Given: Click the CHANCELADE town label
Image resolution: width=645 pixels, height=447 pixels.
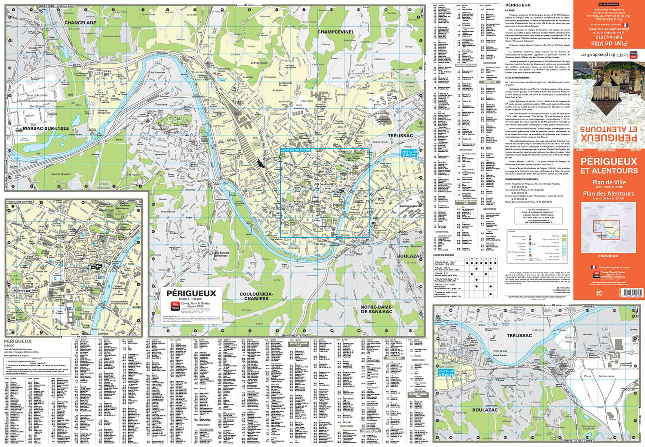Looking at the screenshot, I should click(x=80, y=23).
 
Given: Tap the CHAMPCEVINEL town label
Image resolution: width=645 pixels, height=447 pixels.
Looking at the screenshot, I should click(x=336, y=32).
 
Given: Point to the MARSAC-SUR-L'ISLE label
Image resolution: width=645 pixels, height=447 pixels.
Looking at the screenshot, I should click(x=46, y=129).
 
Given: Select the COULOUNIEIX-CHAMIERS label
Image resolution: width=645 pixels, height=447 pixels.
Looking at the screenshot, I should click(x=256, y=296).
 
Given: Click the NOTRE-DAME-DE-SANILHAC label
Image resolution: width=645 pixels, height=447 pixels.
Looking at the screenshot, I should click(x=376, y=309).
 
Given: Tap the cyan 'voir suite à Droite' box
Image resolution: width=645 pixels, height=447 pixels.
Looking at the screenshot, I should click(x=409, y=153).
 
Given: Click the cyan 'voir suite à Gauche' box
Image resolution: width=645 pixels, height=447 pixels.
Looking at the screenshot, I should click(x=446, y=373).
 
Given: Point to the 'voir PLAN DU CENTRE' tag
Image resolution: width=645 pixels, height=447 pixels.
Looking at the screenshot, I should click(x=295, y=150).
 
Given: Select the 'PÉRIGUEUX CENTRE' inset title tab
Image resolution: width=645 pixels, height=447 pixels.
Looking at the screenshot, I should click(x=20, y=201).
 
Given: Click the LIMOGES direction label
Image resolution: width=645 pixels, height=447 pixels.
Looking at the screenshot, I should click(x=588, y=306).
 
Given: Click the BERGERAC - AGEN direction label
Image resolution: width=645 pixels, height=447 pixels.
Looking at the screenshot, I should click(x=295, y=336).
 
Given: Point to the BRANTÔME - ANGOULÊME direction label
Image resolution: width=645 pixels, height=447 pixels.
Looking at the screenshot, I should click(x=56, y=6).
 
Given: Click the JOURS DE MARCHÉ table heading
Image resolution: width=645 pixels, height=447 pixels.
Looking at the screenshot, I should click(x=444, y=255).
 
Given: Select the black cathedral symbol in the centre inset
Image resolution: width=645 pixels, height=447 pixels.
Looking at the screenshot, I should click(x=97, y=267).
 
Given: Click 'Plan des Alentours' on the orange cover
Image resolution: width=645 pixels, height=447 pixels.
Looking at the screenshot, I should click(x=608, y=193).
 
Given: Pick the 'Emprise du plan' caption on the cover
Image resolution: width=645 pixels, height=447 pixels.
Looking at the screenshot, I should click(x=608, y=256).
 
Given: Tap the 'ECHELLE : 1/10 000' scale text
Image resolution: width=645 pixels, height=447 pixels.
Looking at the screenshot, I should click(x=190, y=299).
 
